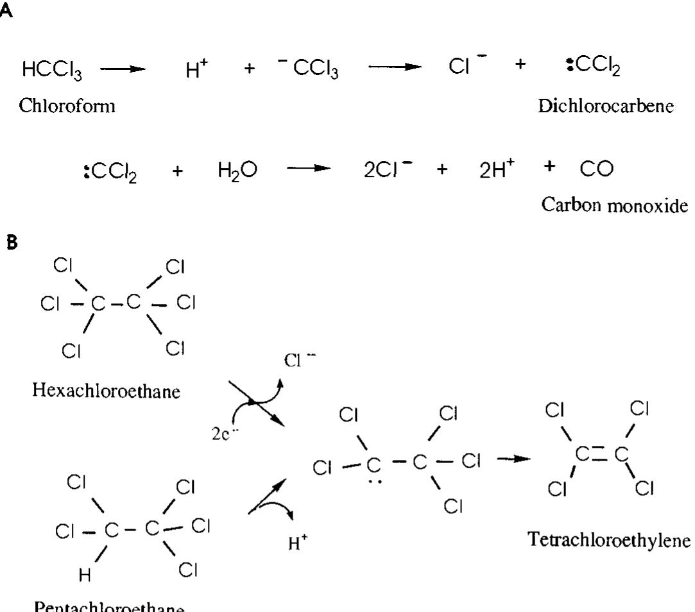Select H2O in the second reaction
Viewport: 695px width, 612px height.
[x=236, y=170]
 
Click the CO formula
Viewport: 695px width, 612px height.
[x=596, y=170]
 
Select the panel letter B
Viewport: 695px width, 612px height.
[x=10, y=243]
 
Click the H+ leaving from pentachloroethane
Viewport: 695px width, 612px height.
[x=298, y=545]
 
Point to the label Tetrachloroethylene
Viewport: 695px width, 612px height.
[x=609, y=540]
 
